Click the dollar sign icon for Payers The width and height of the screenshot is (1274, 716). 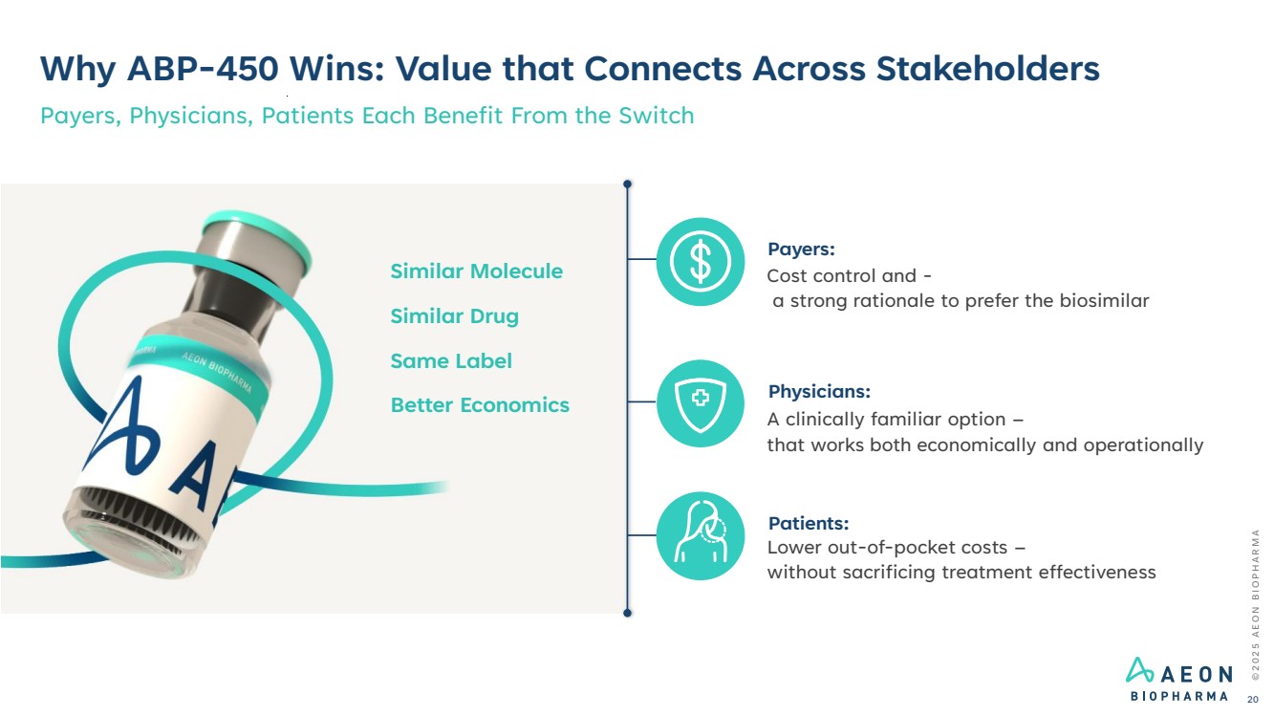tap(701, 262)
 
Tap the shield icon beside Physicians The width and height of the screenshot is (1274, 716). tap(701, 403)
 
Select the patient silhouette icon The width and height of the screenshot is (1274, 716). tap(701, 535)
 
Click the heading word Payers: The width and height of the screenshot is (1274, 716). tap(801, 250)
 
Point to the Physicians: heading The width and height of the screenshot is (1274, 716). tap(819, 391)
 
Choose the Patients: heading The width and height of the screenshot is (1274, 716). tap(809, 523)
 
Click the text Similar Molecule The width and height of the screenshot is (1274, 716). tap(477, 271)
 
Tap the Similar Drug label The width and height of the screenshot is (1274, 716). tap(454, 316)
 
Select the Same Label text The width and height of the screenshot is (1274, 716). tap(451, 361)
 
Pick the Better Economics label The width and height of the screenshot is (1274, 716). tap(480, 405)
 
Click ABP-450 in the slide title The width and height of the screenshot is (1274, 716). tap(203, 69)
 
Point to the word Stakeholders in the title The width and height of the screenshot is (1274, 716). tap(988, 69)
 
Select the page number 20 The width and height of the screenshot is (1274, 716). tap(1252, 700)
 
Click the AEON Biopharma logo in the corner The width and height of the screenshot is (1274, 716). tap(1178, 679)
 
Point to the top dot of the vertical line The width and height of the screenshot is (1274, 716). tap(627, 184)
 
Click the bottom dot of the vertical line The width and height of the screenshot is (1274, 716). tap(627, 613)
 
